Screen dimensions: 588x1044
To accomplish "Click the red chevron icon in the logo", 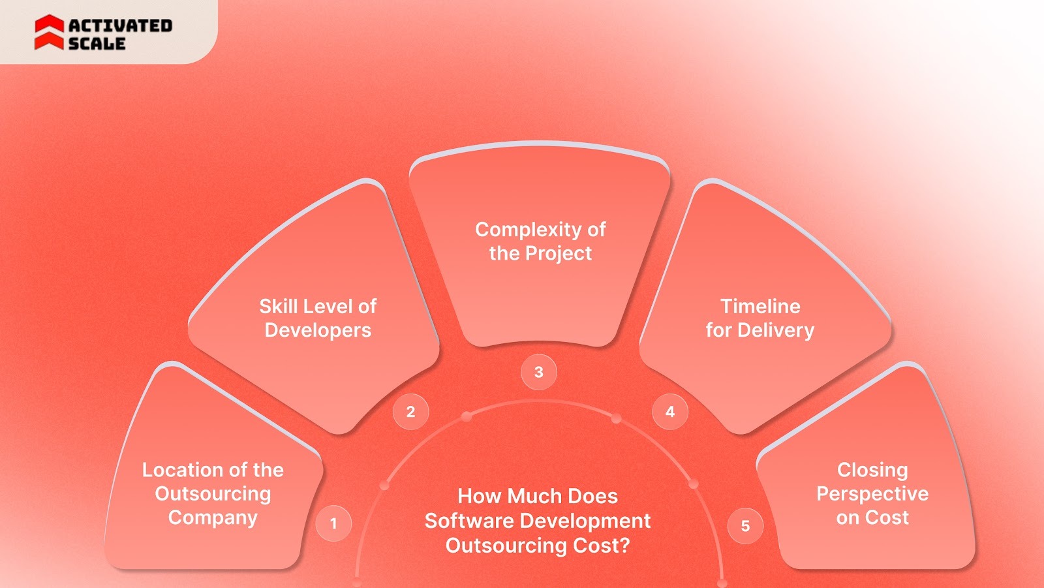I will point(49,33).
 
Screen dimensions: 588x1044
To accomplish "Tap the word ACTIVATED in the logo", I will point(120,25).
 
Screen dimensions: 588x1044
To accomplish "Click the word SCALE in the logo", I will point(97,44).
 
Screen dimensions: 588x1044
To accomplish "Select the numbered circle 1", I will point(333,523).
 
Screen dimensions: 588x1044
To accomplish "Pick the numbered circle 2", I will point(410,412).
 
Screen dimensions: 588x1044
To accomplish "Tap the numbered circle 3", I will point(538,372).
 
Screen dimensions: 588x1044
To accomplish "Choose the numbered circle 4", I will point(670,412).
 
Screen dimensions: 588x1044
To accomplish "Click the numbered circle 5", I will point(745,526).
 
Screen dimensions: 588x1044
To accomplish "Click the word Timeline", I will point(760,306).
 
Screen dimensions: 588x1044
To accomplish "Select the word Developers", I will point(318,330).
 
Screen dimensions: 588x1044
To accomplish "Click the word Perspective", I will point(872,493).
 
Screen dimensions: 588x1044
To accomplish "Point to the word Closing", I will point(872,470).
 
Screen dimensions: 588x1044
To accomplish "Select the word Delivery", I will point(775,330).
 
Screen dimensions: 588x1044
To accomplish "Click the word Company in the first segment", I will point(213,518).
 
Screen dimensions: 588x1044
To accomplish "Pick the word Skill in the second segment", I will point(279,306).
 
